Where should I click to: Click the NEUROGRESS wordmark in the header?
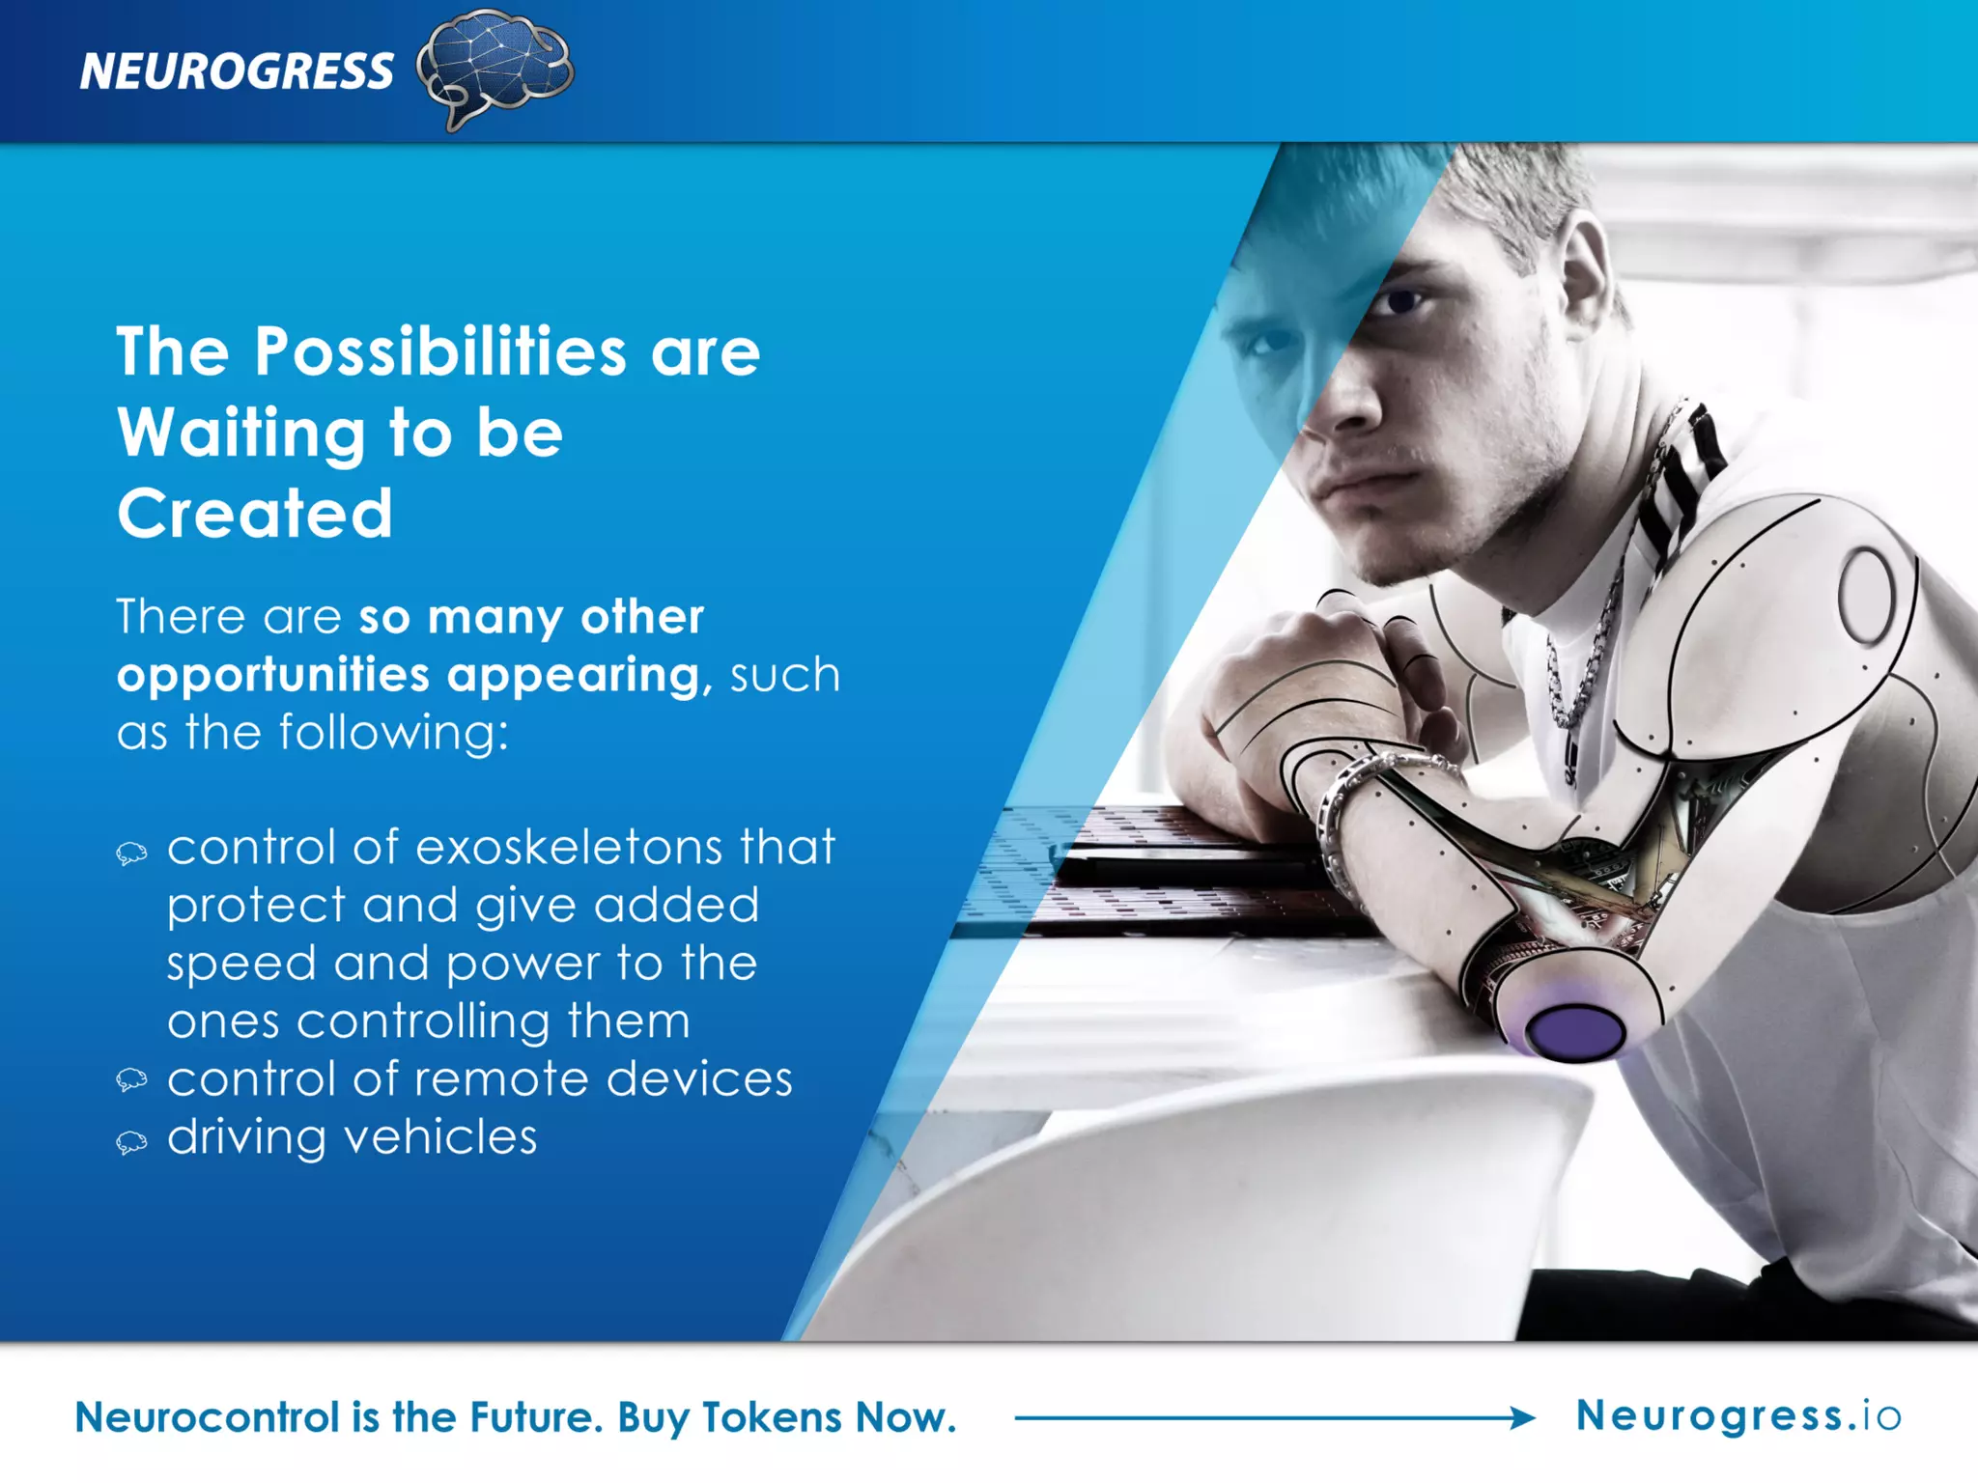tap(237, 71)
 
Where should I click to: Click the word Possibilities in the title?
tap(439, 351)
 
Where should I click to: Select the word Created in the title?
tap(255, 513)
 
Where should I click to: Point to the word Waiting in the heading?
tap(240, 433)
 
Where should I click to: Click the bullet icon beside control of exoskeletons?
tap(132, 853)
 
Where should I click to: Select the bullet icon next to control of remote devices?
tap(132, 1079)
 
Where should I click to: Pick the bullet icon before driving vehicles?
tap(132, 1143)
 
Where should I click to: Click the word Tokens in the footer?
tap(772, 1417)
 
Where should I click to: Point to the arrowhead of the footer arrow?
tap(1523, 1417)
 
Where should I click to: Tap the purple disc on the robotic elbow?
tap(1575, 1031)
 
